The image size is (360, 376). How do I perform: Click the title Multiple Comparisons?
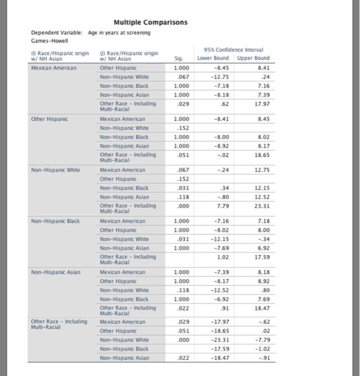(x=150, y=23)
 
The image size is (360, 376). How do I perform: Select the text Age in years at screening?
(x=119, y=33)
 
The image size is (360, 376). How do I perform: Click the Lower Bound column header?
(x=214, y=58)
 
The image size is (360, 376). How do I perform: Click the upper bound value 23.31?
(x=261, y=205)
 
